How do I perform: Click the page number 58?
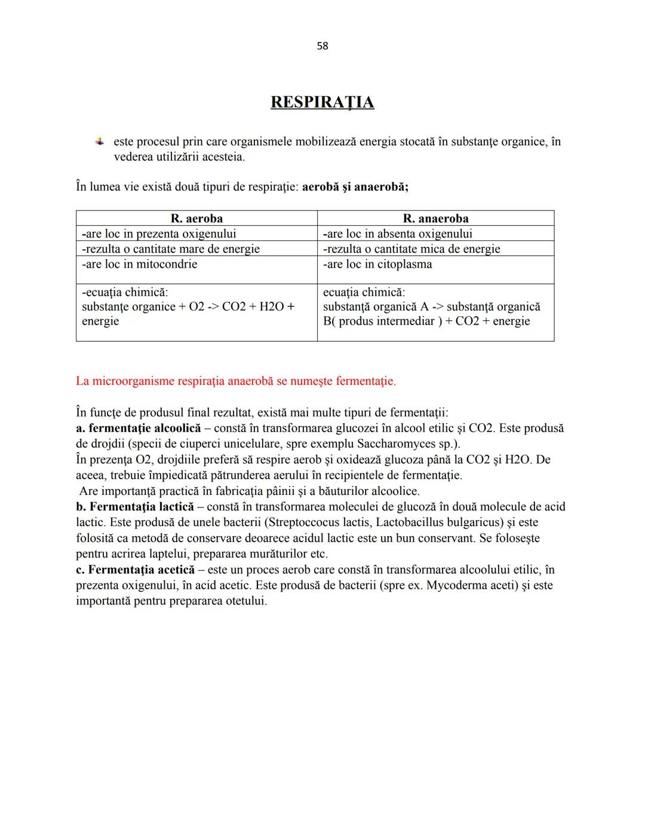tap(322, 46)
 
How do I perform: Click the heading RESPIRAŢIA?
tap(322, 102)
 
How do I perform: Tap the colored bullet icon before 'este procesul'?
tap(100, 142)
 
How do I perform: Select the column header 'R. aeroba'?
tap(196, 218)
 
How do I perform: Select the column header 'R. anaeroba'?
tap(435, 218)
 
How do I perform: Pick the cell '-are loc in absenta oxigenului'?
tap(398, 234)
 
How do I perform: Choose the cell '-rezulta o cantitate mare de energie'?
tap(171, 249)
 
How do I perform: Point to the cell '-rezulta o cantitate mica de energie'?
tap(411, 249)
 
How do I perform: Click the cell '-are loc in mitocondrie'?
tap(139, 264)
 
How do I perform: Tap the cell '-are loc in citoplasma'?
tap(377, 264)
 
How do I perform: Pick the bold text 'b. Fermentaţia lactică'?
tap(135, 507)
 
